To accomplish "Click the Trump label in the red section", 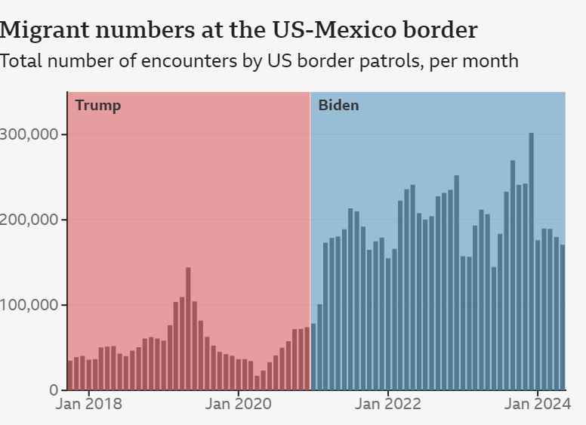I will (97, 106).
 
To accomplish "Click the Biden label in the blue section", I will (338, 106).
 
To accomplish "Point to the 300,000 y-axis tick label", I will (29, 134).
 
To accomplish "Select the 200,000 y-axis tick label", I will (29, 220).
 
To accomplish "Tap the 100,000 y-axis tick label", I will (29, 305).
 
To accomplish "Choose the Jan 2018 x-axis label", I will (88, 405).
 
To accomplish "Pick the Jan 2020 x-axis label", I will (239, 405).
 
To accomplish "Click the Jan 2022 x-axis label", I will (388, 405).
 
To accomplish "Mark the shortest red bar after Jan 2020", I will (257, 383).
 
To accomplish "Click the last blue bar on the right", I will (563, 318).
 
